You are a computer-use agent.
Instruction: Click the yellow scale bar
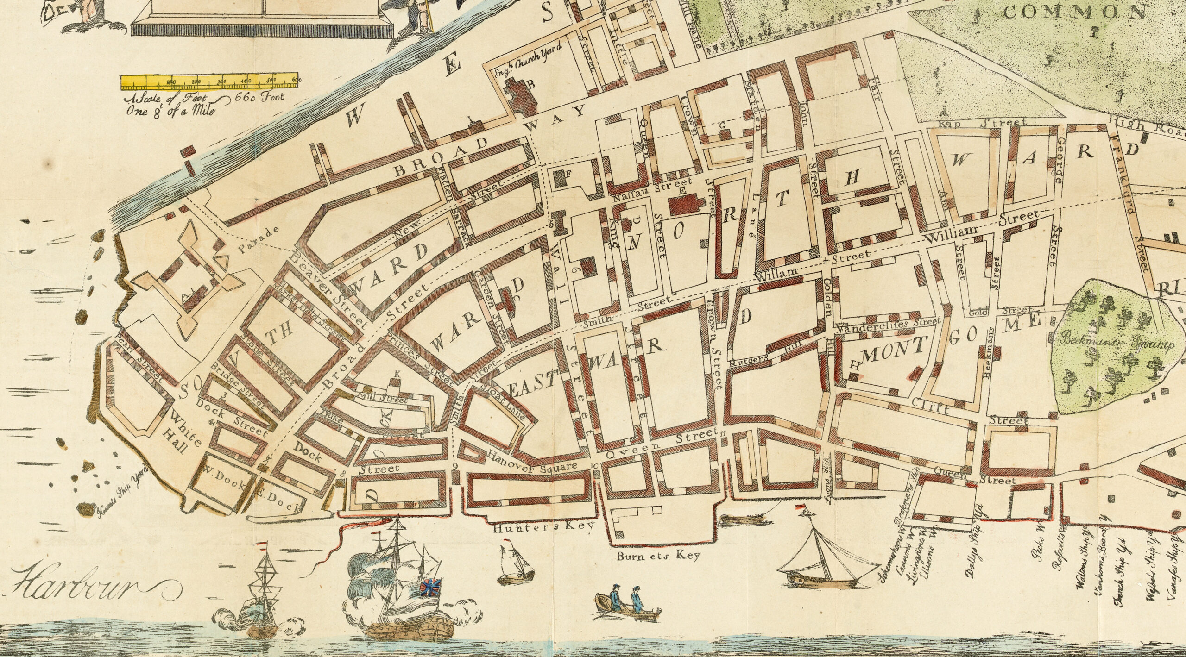pyautogui.click(x=209, y=81)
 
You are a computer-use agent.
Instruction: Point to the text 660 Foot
pyautogui.click(x=260, y=98)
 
